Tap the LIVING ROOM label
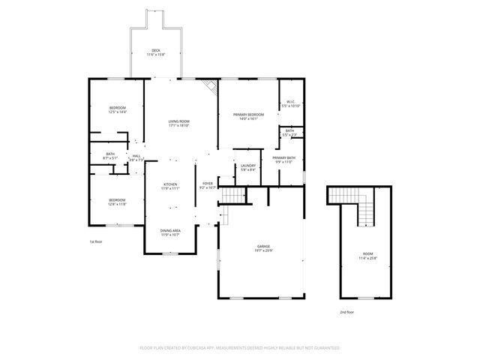tap(178, 121)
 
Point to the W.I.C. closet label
tap(290, 102)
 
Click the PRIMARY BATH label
tap(283, 157)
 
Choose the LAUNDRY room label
tap(247, 166)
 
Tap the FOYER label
tap(208, 183)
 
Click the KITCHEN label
tap(171, 184)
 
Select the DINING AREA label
tap(170, 230)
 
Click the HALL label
tap(136, 156)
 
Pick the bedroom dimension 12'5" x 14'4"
tap(117, 112)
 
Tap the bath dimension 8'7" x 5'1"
tap(110, 158)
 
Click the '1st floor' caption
tap(96, 241)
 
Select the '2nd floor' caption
tap(346, 311)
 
